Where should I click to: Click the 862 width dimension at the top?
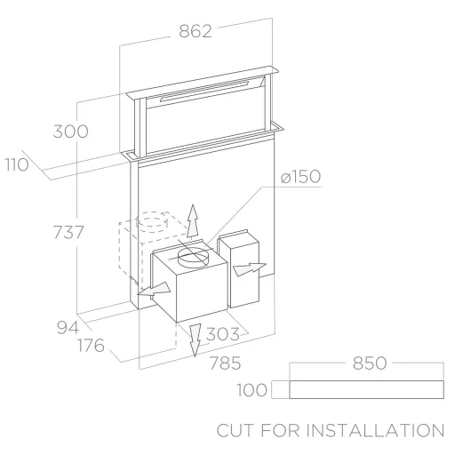click(x=196, y=31)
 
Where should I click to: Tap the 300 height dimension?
click(x=70, y=132)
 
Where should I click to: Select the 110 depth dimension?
click(x=17, y=164)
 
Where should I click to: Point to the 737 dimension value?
click(x=68, y=232)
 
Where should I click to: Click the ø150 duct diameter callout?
click(x=300, y=177)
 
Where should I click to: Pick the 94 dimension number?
click(x=68, y=328)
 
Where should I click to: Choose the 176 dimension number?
click(x=91, y=346)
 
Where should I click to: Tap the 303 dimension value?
click(x=222, y=334)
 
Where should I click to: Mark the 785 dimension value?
click(x=225, y=363)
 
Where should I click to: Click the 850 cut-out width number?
click(x=370, y=363)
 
